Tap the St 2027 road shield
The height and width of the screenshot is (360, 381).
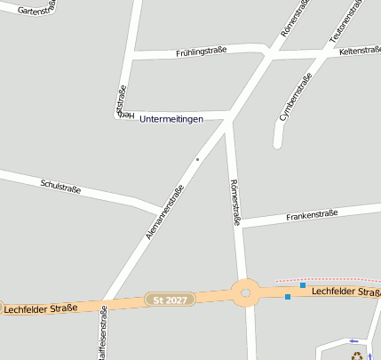tap(169, 300)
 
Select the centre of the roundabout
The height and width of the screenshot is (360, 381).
tap(246, 292)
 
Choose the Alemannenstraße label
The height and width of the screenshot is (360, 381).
tap(165, 213)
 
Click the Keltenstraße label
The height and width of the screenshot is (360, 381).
tap(359, 52)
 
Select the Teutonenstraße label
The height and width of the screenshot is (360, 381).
tap(346, 22)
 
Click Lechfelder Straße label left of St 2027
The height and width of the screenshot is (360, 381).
tap(40, 308)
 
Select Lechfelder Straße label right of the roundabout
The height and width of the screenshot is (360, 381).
tap(346, 292)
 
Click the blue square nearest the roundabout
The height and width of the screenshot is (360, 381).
tap(288, 297)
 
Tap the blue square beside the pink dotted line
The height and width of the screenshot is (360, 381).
tap(303, 285)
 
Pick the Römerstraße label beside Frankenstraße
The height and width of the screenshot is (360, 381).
tap(235, 203)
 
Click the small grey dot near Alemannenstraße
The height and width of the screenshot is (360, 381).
tap(197, 160)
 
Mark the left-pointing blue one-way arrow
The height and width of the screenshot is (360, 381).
tap(354, 340)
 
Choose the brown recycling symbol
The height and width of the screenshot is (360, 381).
tap(358, 355)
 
